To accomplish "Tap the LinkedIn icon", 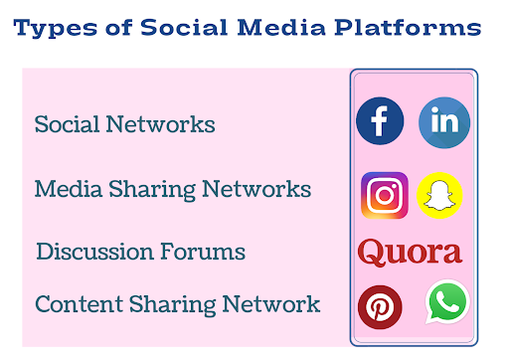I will [x=443, y=122].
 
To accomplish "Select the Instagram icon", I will [x=384, y=194].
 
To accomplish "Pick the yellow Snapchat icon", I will [x=439, y=194].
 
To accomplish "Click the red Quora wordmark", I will [x=410, y=252].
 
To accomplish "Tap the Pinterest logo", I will [x=380, y=307].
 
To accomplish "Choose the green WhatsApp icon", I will [x=446, y=302].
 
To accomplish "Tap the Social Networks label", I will [x=124, y=125].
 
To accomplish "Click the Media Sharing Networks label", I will [x=172, y=189].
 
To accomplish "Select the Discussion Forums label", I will [x=140, y=252].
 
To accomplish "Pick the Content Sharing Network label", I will [x=177, y=304].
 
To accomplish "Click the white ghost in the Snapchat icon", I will [x=439, y=195].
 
